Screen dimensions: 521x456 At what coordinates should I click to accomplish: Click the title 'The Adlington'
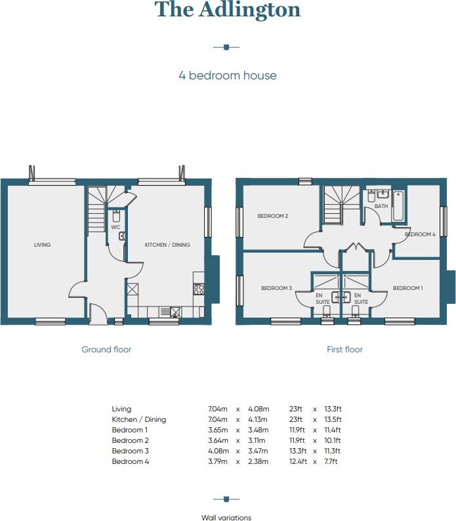coord(228,10)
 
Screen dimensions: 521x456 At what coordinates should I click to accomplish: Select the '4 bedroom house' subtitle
coord(228,75)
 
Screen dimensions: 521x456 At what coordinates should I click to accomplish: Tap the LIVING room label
coord(43,245)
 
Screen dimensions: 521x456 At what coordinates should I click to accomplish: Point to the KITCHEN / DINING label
coord(167,245)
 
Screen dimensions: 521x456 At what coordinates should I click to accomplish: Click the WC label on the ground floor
coord(115,227)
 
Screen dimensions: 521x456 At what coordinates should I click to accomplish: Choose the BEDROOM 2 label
coord(273,216)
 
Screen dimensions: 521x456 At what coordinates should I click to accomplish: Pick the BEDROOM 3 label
coord(276,288)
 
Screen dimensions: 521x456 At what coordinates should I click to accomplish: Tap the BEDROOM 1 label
coord(407,288)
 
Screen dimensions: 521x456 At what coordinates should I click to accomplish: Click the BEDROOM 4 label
coord(420,234)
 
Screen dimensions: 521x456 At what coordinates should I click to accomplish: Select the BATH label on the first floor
coord(381,206)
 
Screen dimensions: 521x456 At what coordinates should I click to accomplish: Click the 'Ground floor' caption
coord(106,350)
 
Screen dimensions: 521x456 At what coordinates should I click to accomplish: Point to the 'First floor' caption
coord(344,350)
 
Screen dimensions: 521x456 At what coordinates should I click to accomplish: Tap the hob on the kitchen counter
coord(198,288)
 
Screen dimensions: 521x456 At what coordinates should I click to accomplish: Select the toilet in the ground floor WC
coord(115,216)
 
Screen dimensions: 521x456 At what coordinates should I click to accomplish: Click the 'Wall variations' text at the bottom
coord(226,518)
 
